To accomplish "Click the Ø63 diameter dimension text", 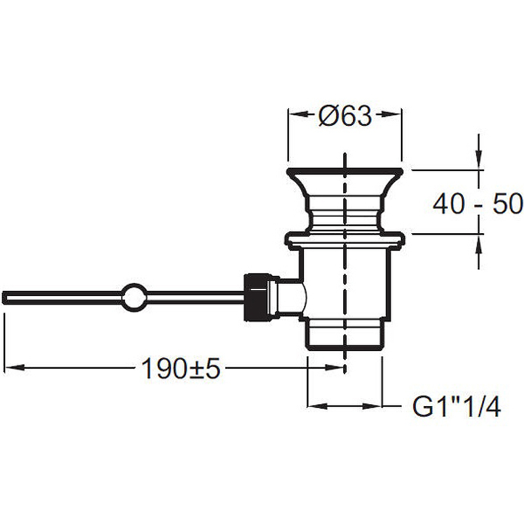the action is [345, 116].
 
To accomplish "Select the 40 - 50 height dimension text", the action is [478, 204].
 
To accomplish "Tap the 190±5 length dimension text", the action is [181, 369].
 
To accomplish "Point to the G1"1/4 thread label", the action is [457, 407].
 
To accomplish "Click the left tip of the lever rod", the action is [3, 297].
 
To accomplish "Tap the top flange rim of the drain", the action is [345, 172].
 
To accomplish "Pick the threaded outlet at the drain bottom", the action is [345, 335].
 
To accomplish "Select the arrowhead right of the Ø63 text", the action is [390, 114].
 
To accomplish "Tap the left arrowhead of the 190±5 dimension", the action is [16, 367].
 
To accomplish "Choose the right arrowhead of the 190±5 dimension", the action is [335, 367].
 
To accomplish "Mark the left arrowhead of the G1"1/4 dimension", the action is [317, 406].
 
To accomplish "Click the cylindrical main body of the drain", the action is [345, 284].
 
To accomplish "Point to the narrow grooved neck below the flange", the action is [345, 214].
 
